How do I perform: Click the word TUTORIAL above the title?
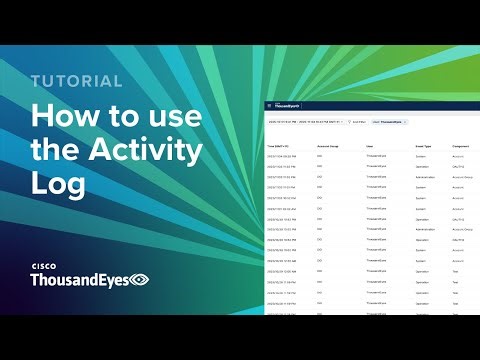click(76, 81)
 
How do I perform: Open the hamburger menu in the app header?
click(268, 105)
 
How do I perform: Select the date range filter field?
click(304, 122)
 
